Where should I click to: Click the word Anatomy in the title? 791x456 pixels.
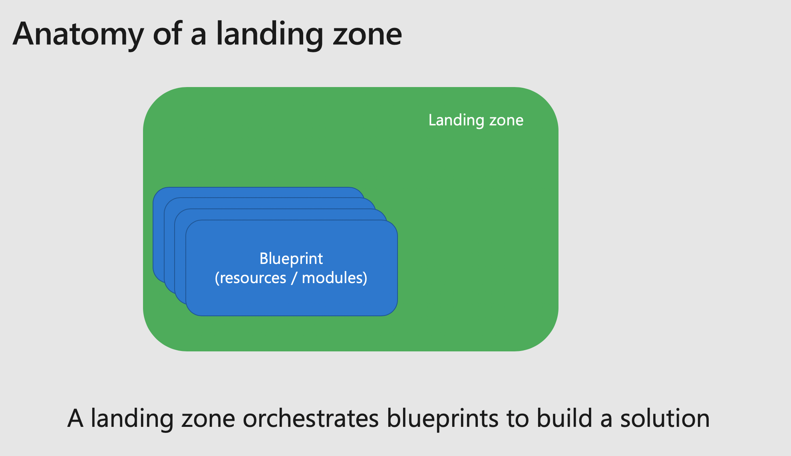click(78, 34)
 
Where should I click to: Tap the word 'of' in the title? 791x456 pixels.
click(167, 34)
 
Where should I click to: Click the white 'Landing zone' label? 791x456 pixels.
click(476, 120)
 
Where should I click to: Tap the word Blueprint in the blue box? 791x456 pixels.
click(291, 259)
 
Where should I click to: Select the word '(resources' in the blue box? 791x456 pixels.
click(250, 278)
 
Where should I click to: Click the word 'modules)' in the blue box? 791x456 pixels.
click(334, 278)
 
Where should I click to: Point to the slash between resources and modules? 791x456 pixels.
click(294, 278)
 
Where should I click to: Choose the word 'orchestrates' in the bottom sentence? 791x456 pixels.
click(311, 418)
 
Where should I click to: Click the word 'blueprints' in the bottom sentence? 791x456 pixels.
click(443, 418)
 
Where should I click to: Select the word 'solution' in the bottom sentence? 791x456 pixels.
click(665, 418)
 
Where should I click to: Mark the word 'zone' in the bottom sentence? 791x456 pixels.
click(208, 418)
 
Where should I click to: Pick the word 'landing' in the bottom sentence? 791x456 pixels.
click(132, 418)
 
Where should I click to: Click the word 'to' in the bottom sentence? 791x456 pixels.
click(517, 418)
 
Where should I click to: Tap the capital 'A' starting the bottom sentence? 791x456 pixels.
click(76, 418)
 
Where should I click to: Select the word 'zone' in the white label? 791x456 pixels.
click(506, 120)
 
